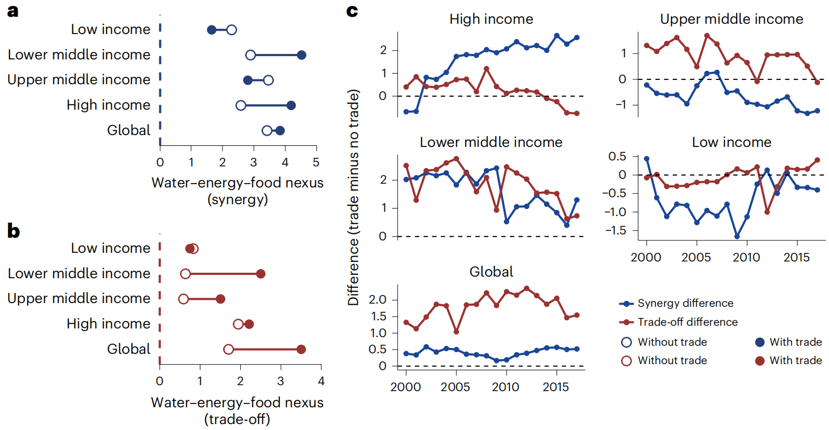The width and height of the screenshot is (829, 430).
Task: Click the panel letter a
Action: click(12, 11)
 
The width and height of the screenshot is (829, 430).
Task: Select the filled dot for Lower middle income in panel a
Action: click(301, 55)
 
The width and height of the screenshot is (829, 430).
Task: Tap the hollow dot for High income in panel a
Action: click(241, 105)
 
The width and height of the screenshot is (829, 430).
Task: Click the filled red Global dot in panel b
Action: click(301, 350)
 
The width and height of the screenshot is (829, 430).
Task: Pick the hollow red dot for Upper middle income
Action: click(184, 299)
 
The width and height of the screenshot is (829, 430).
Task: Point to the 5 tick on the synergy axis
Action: click(316, 162)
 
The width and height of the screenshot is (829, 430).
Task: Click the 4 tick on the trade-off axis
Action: click(321, 381)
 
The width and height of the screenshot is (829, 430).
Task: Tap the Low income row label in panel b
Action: click(111, 248)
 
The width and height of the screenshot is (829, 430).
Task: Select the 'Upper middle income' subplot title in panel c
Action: click(731, 19)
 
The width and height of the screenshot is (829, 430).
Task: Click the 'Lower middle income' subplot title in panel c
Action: click(491, 142)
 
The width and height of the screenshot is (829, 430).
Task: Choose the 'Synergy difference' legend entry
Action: click(685, 303)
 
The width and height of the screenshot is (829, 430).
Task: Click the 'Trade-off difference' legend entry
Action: click(687, 322)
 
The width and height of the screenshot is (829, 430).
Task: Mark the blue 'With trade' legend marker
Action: click(760, 342)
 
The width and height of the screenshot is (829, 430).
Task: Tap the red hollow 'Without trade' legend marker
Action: click(626, 361)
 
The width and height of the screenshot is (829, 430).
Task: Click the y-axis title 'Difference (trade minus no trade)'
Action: click(354, 197)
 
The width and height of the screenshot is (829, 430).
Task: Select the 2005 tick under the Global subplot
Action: click(456, 387)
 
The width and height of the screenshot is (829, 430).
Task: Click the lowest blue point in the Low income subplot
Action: click(737, 237)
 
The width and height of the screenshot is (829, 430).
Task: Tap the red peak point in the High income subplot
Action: click(487, 69)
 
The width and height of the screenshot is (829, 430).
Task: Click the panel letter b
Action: click(13, 231)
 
